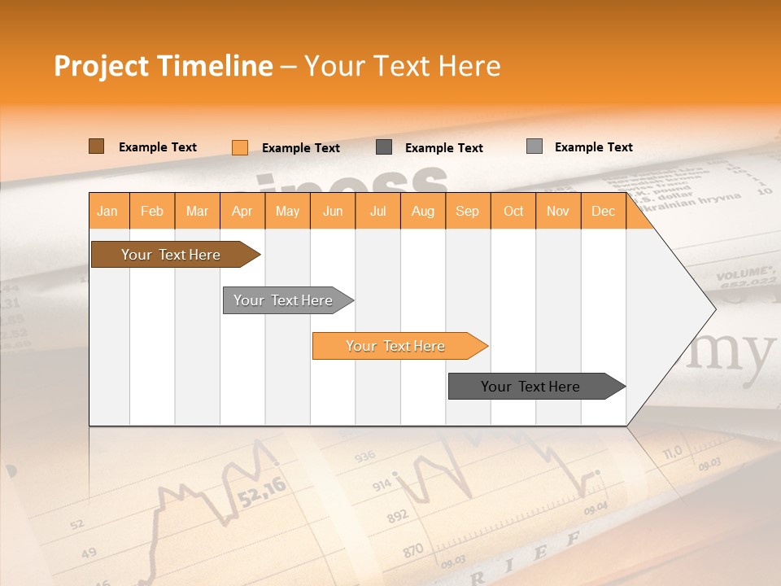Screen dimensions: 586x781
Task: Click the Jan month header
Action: (x=107, y=212)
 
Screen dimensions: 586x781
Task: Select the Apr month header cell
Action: (x=242, y=212)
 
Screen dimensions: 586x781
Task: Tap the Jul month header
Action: (x=377, y=212)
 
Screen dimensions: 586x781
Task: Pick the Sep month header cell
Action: (x=467, y=212)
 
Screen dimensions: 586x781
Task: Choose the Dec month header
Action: (x=603, y=212)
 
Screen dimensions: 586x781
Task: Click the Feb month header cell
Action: (x=152, y=212)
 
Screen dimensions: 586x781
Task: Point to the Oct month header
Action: (x=513, y=212)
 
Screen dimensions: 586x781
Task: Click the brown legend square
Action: (x=96, y=146)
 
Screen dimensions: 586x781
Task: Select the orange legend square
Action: (x=239, y=147)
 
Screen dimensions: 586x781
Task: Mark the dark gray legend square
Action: (x=384, y=147)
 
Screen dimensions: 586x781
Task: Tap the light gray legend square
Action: (x=534, y=146)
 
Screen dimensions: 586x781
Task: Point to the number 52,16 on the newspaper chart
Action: (x=263, y=492)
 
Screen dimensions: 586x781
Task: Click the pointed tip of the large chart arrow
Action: (x=714, y=308)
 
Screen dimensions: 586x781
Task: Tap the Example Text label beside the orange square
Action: (x=300, y=148)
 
